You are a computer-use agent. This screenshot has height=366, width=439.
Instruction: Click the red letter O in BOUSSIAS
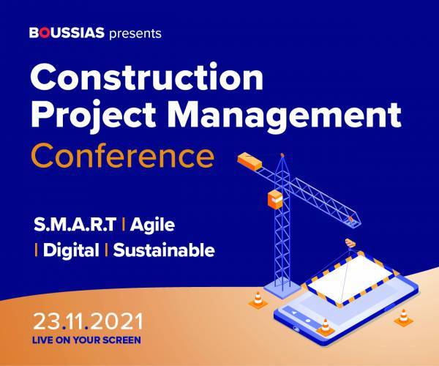point(44,32)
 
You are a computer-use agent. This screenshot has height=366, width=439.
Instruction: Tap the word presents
point(135,34)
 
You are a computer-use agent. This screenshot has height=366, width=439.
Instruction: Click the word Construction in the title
point(147,76)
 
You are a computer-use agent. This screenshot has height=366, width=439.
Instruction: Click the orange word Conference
point(122,156)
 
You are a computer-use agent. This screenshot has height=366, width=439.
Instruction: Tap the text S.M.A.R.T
point(75,224)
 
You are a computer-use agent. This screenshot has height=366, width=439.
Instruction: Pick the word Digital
point(71,250)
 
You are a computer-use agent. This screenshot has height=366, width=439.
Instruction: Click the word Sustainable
point(164,250)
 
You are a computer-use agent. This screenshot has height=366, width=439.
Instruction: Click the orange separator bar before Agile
point(123,225)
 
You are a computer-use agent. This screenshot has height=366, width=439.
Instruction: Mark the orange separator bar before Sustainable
point(106,250)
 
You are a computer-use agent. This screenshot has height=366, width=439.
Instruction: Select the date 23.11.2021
point(89,322)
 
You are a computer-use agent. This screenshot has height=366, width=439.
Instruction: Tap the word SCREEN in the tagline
point(121,340)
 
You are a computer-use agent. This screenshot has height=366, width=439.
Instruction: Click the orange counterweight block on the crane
point(249,161)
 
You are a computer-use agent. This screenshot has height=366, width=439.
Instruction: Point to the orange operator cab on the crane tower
point(275,199)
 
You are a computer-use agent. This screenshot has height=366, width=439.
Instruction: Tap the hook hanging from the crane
point(350,243)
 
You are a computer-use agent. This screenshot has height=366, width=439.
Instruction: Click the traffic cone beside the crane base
point(258,300)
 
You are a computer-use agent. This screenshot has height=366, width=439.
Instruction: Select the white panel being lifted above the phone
point(350,277)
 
